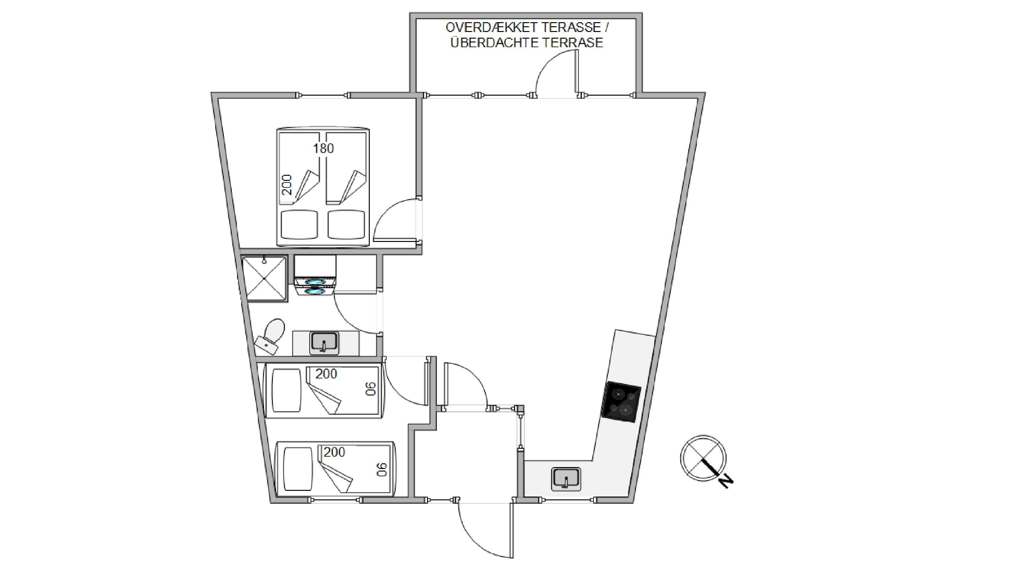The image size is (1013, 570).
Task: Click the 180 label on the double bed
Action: tap(323, 148)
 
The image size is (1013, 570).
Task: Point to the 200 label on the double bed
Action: tap(287, 185)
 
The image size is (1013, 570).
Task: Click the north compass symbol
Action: tap(703, 458)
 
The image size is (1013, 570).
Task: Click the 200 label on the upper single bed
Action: tap(326, 374)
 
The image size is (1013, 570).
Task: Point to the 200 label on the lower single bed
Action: tap(334, 453)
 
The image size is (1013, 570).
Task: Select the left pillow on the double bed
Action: tap(299, 224)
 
